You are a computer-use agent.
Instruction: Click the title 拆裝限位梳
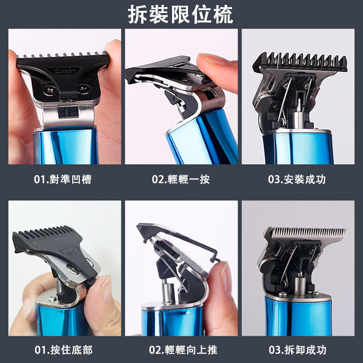[180, 15]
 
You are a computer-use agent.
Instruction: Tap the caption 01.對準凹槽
[63, 179]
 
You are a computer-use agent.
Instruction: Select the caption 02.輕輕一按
[181, 179]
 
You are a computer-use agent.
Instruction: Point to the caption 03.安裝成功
[297, 179]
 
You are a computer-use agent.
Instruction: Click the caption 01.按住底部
[64, 350]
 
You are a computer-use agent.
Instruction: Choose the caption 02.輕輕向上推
[183, 350]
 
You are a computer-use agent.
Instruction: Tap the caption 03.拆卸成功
[298, 350]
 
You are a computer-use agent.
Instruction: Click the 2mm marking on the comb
[65, 70]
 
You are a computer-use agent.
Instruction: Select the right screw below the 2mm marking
[84, 89]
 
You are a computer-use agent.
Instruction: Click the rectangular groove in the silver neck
[68, 111]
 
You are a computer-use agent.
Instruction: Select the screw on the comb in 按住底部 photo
[73, 269]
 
